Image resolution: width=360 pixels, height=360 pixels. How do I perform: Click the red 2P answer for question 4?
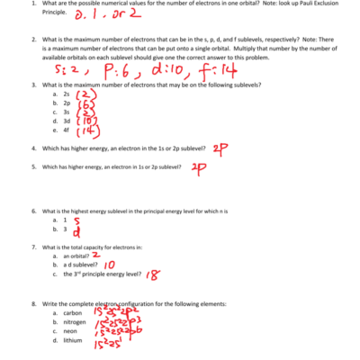pyautogui.click(x=222, y=148)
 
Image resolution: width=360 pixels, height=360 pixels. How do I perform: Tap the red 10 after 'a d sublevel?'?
pyautogui.click(x=110, y=265)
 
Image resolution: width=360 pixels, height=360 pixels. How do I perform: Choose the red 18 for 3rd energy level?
pyautogui.click(x=154, y=275)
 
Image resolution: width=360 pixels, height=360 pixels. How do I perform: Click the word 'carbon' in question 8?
pyautogui.click(x=70, y=312)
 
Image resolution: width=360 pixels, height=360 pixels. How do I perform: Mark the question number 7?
pyautogui.click(x=33, y=247)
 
